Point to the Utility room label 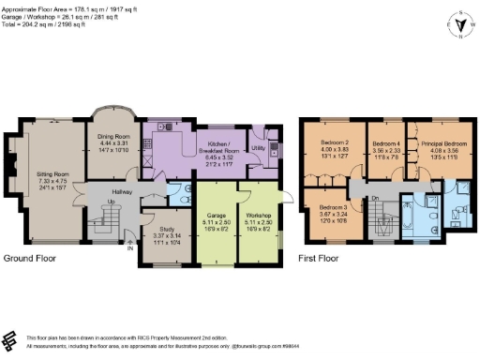coord(257,148)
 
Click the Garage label coord(217,215)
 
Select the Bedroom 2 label coord(334,145)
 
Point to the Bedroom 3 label coord(334,206)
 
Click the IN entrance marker coord(128,247)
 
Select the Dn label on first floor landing coord(375,198)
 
